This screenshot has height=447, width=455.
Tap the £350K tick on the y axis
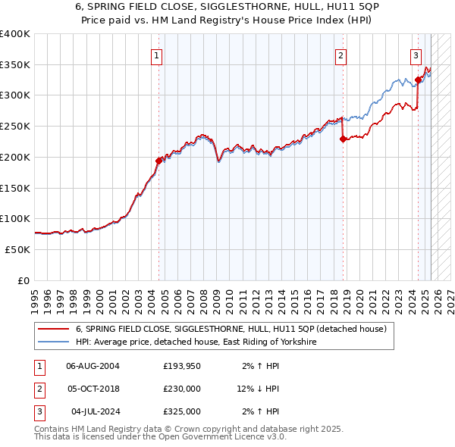[x=14, y=64]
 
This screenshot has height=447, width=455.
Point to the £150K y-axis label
[x=14, y=187]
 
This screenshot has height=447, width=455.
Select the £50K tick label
[x=17, y=249]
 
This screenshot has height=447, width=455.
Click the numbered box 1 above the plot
[x=157, y=55]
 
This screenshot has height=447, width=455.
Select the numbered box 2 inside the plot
[x=341, y=55]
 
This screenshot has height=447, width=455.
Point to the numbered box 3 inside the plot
[x=416, y=55]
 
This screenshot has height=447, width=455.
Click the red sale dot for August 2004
[x=158, y=161]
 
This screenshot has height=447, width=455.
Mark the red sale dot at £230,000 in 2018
[x=343, y=139]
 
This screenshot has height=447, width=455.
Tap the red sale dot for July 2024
[x=418, y=80]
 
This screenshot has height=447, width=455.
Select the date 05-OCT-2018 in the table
[x=93, y=389]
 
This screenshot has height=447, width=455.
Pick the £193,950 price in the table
[x=182, y=366]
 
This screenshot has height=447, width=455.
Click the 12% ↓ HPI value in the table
[x=257, y=389]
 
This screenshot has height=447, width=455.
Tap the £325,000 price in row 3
[x=182, y=411]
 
